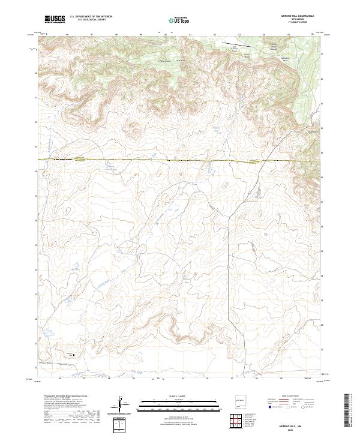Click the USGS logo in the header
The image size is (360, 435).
(55, 19)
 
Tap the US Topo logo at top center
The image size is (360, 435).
(179, 20)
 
